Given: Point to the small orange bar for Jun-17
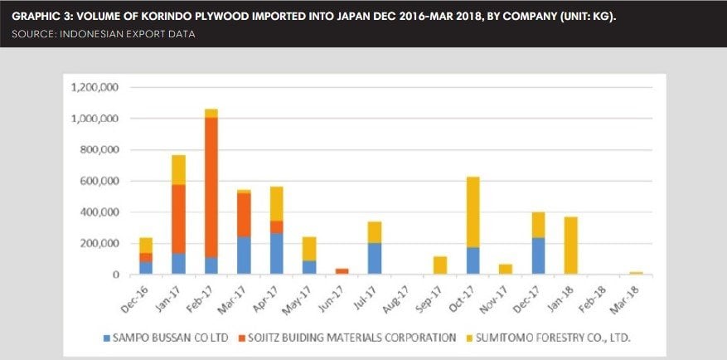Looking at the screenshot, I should (342, 271).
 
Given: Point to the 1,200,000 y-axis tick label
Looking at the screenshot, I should (95, 87).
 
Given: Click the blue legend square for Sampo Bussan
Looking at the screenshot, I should (106, 338).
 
